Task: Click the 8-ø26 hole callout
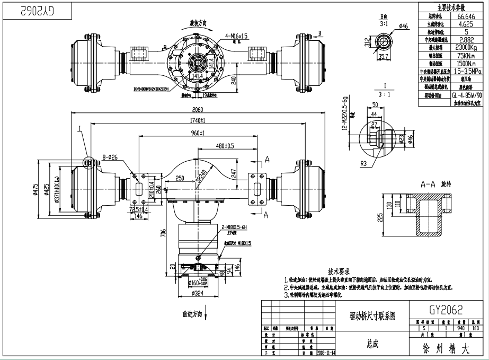pos(113,156)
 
